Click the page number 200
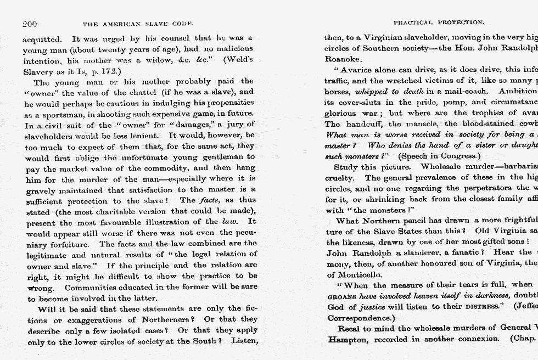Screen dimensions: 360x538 pos(30,24)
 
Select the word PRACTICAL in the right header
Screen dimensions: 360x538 pos(413,23)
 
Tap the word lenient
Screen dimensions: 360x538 pos(144,135)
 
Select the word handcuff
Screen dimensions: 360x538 pos(365,124)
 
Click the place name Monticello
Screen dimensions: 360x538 pos(360,274)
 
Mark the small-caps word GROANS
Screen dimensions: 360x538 pos(341,296)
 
